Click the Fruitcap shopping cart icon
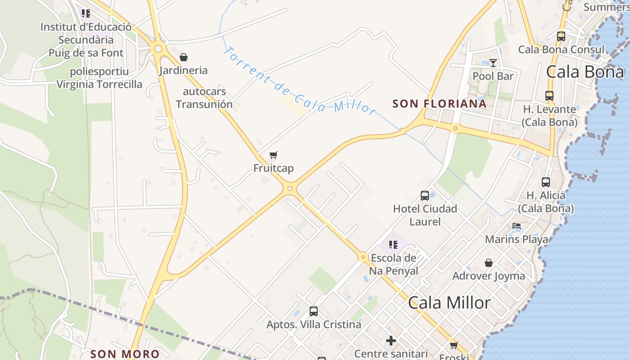pos(273,155)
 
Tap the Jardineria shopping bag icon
pos(184,57)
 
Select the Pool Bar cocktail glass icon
pos(493,63)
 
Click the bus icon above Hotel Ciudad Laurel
pos(425,196)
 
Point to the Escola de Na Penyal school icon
pos(393,245)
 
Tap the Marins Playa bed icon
pos(517,226)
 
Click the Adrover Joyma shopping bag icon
pos(489,263)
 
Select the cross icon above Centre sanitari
pos(391,341)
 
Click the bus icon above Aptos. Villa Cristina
pos(314,311)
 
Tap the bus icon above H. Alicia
pos(546,182)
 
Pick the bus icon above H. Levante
pos(549,96)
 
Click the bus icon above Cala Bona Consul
pos(561,36)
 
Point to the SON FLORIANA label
pos(440,104)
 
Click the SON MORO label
pos(125,354)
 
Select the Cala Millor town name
pos(449,303)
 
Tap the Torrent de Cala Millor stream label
pos(299,81)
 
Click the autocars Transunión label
pos(204,98)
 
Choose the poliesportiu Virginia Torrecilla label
pos(99,78)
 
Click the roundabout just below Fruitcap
pos(290,189)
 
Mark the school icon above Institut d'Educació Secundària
pos(86,13)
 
